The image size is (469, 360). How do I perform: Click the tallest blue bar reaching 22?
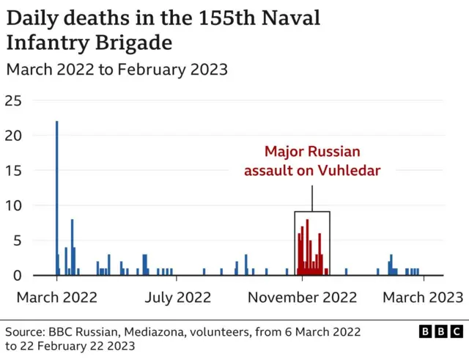click(56, 198)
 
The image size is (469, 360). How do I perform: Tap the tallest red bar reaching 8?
click(307, 247)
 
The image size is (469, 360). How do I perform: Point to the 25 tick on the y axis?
click(13, 100)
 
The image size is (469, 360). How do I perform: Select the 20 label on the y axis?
click(13, 136)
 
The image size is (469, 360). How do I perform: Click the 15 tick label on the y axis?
click(13, 171)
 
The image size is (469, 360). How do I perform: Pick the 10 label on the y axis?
click(13, 206)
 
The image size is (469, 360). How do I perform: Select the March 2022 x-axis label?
click(57, 297)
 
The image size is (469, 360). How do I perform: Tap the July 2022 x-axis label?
click(177, 297)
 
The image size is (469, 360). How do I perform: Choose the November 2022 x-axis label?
click(302, 297)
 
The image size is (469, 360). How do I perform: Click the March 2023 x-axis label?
click(424, 297)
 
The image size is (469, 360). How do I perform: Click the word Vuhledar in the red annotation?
click(350, 171)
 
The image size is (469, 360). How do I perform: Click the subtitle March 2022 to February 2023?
click(117, 70)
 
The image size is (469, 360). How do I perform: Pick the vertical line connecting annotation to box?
click(312, 198)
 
